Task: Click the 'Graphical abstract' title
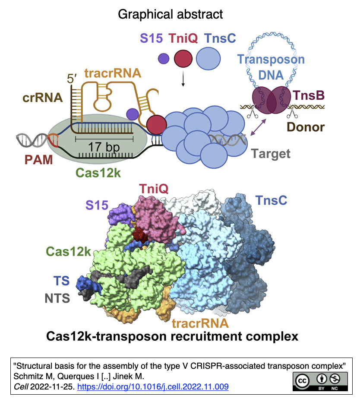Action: (x=171, y=14)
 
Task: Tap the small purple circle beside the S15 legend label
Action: (x=163, y=58)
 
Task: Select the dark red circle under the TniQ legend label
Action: (x=183, y=58)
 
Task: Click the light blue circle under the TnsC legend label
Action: (x=210, y=58)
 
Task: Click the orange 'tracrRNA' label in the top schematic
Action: (x=113, y=73)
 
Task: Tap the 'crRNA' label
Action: (x=44, y=98)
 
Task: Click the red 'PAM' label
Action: (x=38, y=160)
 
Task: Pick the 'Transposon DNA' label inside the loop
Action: (x=271, y=67)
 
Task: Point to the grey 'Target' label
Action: (x=271, y=153)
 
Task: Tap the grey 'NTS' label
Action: (x=57, y=298)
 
